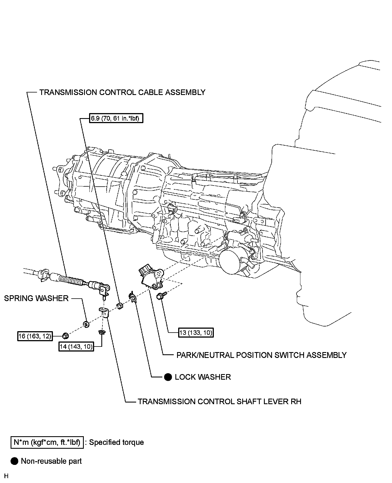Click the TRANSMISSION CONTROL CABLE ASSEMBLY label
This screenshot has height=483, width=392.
[x=122, y=92]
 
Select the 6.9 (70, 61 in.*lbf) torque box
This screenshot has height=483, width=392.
[x=116, y=119]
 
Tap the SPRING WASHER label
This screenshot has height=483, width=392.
[x=36, y=298]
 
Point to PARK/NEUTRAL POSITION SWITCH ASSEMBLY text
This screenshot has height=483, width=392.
[x=261, y=355]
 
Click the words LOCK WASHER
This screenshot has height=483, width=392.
[x=203, y=377]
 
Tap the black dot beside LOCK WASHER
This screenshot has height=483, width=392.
[x=168, y=377]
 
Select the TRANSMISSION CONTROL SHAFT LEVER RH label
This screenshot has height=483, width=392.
[x=219, y=401]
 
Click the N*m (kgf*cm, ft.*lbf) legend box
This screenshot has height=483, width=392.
[x=47, y=442]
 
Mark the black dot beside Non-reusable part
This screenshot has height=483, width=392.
[x=14, y=461]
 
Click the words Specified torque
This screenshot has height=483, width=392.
[x=116, y=442]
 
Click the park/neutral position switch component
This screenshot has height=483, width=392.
[x=150, y=277]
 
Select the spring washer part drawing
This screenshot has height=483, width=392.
[x=86, y=324]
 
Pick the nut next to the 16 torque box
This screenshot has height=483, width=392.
[x=65, y=336]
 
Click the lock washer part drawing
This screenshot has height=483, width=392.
[x=133, y=297]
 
